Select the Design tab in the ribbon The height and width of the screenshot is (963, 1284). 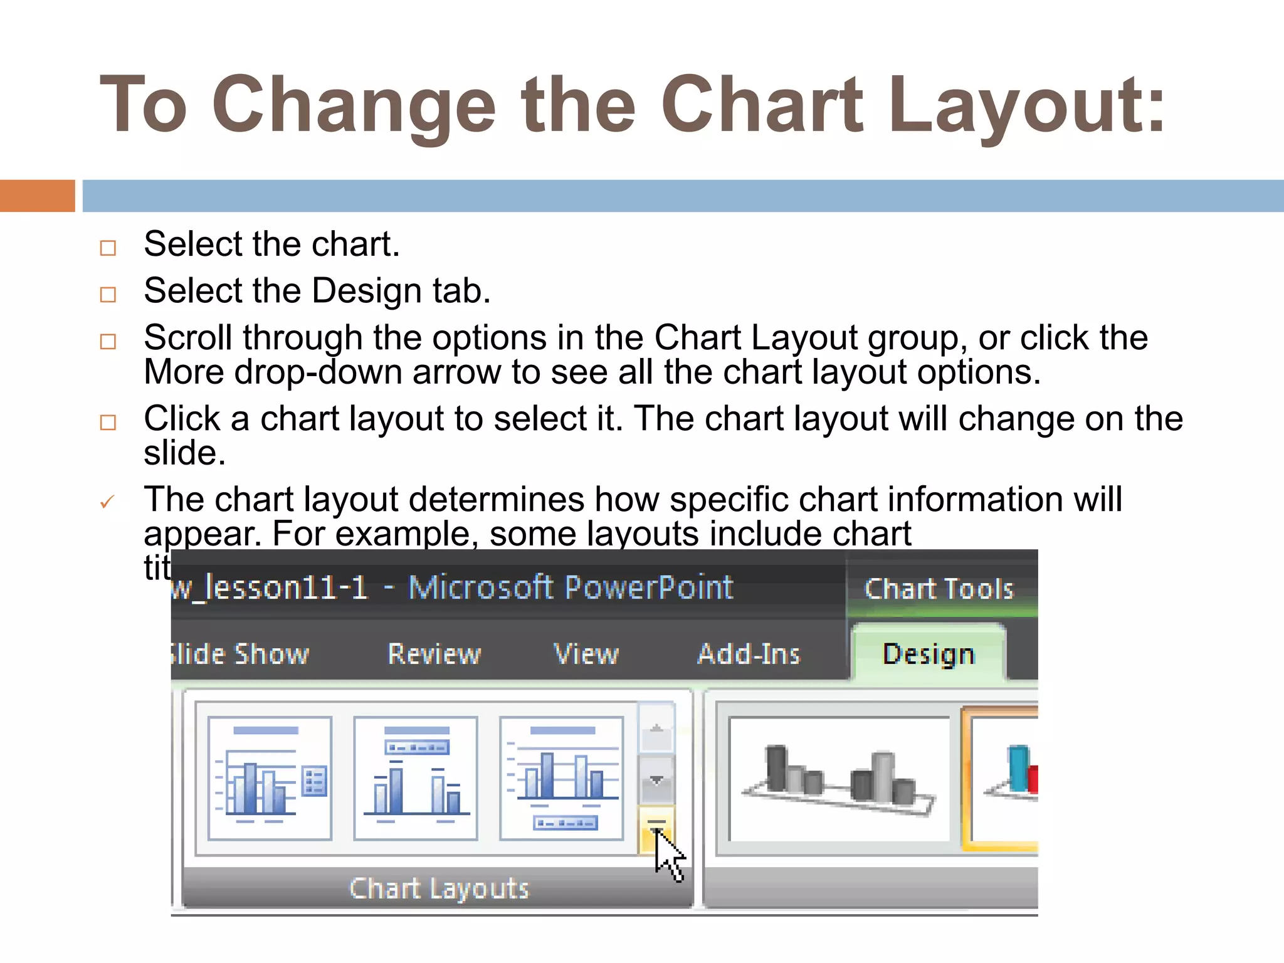click(x=929, y=654)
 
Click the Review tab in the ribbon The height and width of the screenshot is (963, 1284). click(x=434, y=654)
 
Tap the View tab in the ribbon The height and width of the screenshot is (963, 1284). click(x=586, y=654)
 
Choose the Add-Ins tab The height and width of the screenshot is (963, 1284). click(x=749, y=654)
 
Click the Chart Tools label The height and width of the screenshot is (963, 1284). click(x=939, y=589)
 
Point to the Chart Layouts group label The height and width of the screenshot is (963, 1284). click(x=439, y=888)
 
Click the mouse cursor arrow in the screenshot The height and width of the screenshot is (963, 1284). click(x=667, y=853)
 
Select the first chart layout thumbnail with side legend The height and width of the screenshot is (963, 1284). click(x=270, y=778)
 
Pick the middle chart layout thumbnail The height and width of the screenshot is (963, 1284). click(x=416, y=778)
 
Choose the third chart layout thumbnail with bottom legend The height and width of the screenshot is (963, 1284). click(x=562, y=778)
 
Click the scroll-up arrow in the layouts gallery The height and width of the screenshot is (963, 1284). click(x=656, y=729)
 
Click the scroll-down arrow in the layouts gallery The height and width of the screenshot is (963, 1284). click(x=656, y=780)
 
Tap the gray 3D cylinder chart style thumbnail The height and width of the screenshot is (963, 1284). click(x=839, y=779)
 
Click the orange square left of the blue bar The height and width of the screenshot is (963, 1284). click(x=37, y=196)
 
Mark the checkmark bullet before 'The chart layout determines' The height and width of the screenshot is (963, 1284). click(x=107, y=502)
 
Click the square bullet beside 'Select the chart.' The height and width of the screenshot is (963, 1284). click(x=108, y=248)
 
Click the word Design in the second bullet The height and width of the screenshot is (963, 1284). click(x=367, y=291)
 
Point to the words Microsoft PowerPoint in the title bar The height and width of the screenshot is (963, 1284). click(x=570, y=588)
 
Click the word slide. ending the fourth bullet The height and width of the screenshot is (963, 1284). click(x=184, y=453)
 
